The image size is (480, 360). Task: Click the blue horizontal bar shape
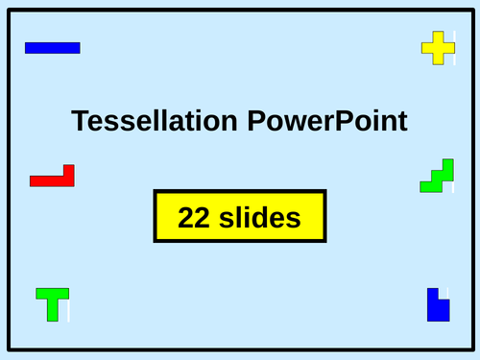(x=52, y=48)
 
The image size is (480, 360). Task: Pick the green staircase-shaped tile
(x=437, y=177)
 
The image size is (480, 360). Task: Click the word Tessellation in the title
(x=154, y=121)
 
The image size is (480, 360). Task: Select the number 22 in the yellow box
(x=194, y=218)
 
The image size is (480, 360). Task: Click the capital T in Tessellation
(x=80, y=121)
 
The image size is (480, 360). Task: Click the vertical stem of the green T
(x=54, y=309)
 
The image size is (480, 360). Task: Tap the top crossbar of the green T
(x=53, y=292)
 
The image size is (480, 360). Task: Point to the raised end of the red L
(x=68, y=170)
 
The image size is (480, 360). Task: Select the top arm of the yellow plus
(x=438, y=36)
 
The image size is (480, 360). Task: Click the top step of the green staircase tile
(x=445, y=164)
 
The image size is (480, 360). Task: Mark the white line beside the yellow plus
(x=455, y=47)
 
